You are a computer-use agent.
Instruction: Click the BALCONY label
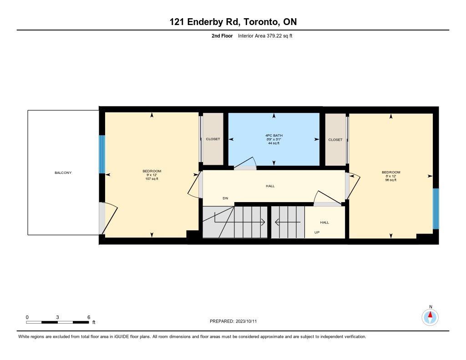(x=63, y=172)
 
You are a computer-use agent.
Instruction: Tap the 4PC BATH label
(x=274, y=136)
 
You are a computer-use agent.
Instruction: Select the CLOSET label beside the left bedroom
(x=213, y=139)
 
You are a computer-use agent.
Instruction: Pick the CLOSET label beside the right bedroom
(x=335, y=140)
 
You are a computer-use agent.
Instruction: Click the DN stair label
(x=226, y=198)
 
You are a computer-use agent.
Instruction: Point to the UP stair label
(x=317, y=233)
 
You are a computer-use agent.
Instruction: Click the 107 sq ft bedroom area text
(x=152, y=179)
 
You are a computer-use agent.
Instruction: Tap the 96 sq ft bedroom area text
(x=391, y=180)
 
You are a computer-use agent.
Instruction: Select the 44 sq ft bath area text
(x=274, y=143)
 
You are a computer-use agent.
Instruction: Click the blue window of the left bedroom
(x=102, y=154)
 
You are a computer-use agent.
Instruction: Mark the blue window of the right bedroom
(x=436, y=209)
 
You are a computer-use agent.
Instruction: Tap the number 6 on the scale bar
(x=89, y=317)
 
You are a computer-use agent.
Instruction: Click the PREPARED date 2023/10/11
(x=246, y=321)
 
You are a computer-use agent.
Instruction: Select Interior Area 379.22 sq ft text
(x=265, y=36)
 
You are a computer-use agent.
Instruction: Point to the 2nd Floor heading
(x=222, y=36)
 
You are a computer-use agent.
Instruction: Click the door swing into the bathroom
(x=245, y=163)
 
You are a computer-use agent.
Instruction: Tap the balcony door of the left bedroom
(x=108, y=218)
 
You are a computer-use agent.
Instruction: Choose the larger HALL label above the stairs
(x=270, y=186)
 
